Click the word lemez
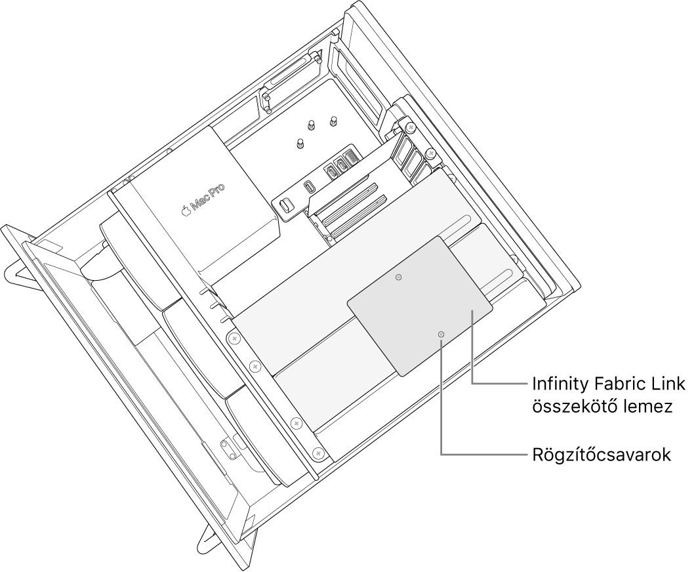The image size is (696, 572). coord(649,407)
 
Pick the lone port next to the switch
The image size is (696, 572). coord(308,186)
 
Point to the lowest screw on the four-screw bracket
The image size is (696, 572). coord(318,453)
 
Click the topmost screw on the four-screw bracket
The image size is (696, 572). coord(232,338)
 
